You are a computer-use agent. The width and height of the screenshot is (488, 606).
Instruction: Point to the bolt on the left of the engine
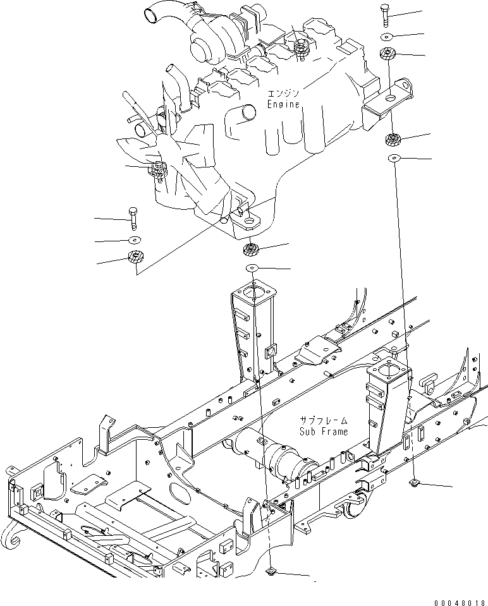[133, 218]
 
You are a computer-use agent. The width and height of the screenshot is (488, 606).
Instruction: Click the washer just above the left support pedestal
[252, 268]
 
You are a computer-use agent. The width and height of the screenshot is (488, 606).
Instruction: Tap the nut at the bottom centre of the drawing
[271, 573]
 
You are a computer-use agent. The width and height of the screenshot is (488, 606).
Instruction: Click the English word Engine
[283, 105]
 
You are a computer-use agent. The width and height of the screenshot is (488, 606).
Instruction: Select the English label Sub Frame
[324, 432]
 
